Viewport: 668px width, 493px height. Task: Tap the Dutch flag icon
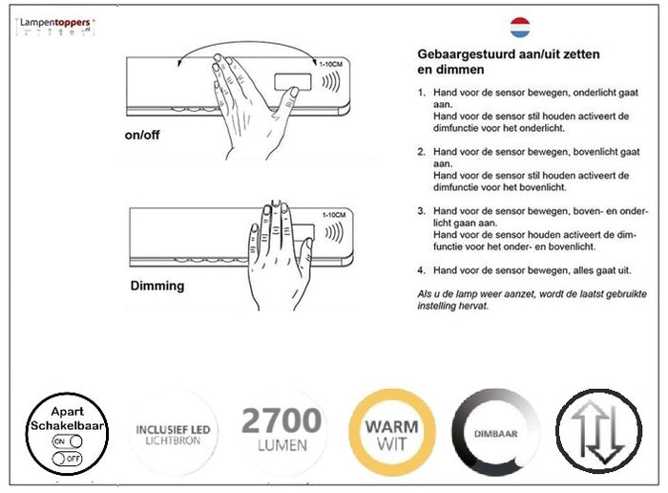520,26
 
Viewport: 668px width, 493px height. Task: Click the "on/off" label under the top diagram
144,135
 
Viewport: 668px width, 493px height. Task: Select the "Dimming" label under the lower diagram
157,285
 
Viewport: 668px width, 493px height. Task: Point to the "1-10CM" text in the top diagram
329,64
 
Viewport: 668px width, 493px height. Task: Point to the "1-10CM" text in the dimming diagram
334,215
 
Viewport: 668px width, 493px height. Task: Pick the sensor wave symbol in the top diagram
330,80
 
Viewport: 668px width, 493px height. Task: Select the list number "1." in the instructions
422,93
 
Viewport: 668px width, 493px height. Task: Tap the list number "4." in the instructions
422,270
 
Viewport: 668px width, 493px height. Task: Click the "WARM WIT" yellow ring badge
389,434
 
